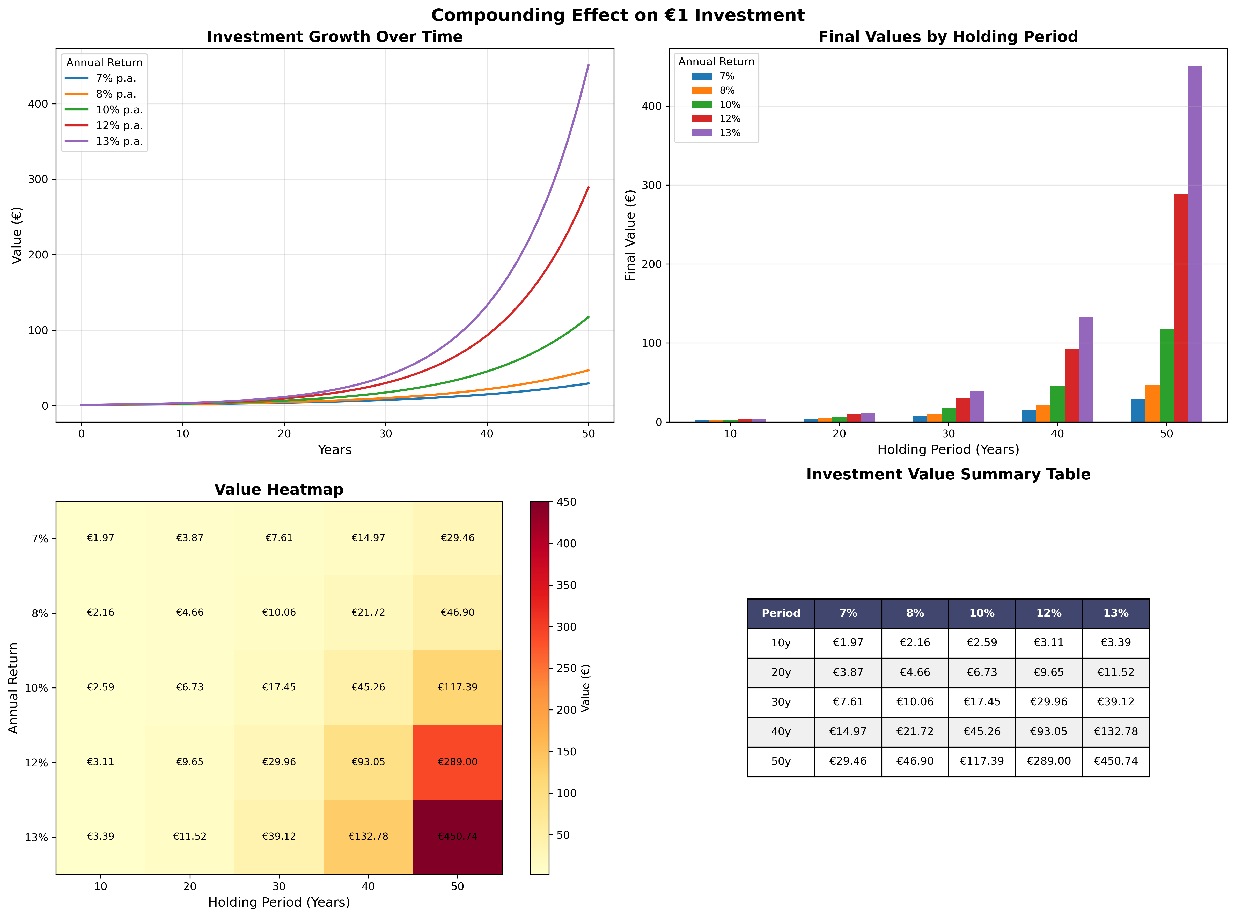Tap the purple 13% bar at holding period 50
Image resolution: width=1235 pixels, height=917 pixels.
1194,244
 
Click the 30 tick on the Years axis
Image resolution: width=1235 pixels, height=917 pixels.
385,433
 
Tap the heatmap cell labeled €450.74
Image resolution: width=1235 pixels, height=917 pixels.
457,837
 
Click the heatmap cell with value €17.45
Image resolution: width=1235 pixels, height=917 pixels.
279,687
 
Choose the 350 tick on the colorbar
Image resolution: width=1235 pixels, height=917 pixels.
566,585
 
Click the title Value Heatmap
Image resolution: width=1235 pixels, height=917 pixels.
279,490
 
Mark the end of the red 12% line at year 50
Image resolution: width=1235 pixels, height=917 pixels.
588,188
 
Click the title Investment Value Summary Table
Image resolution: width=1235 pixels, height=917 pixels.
948,475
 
